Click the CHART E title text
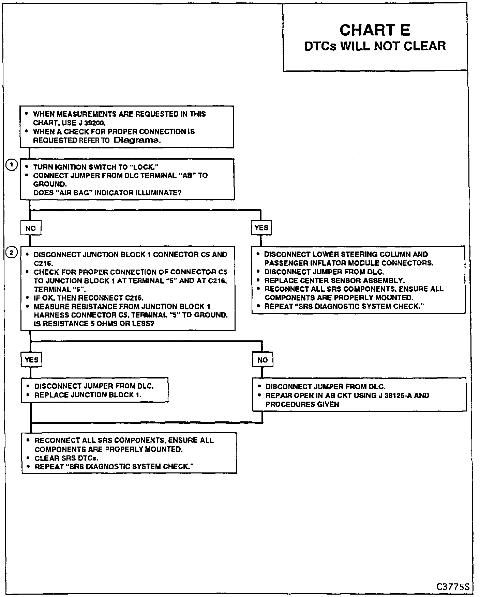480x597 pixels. tap(375, 30)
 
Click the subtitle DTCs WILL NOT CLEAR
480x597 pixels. tap(375, 46)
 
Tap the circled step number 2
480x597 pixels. tap(12, 253)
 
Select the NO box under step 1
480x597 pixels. tap(31, 228)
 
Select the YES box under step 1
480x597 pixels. tap(261, 228)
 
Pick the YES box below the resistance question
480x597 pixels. tap(32, 360)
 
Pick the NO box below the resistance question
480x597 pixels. tap(262, 360)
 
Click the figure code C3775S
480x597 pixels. tap(453, 587)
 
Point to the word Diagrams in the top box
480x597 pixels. tap(136, 140)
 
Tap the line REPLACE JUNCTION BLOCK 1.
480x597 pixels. tap(88, 395)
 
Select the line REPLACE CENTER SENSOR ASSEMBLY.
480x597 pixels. tap(334, 280)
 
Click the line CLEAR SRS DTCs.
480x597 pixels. tap(66, 458)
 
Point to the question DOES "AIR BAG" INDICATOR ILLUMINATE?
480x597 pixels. tap(107, 193)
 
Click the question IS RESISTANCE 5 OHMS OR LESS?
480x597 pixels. tap(94, 323)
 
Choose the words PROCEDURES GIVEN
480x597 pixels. tap(302, 404)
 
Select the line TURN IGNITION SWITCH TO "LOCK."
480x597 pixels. tap(96, 167)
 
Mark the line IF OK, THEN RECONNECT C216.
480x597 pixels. tap(89, 298)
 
